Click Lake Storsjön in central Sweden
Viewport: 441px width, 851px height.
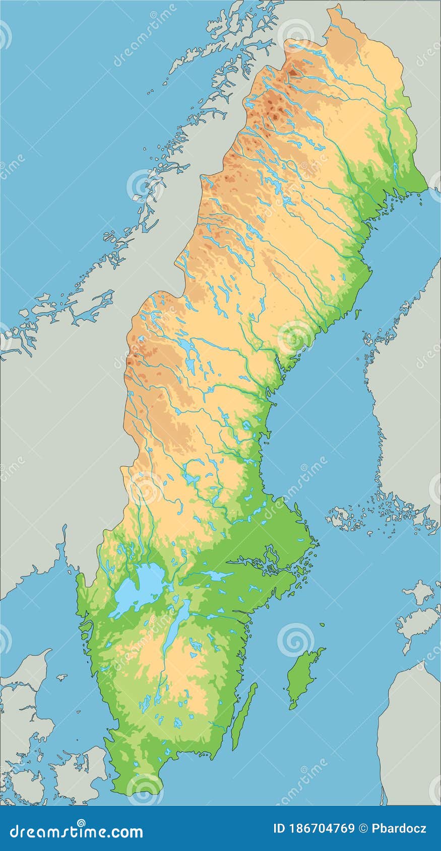pos(188,347)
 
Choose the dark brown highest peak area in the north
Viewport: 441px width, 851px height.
pos(292,73)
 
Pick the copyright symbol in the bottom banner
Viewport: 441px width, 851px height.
pos(363,828)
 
